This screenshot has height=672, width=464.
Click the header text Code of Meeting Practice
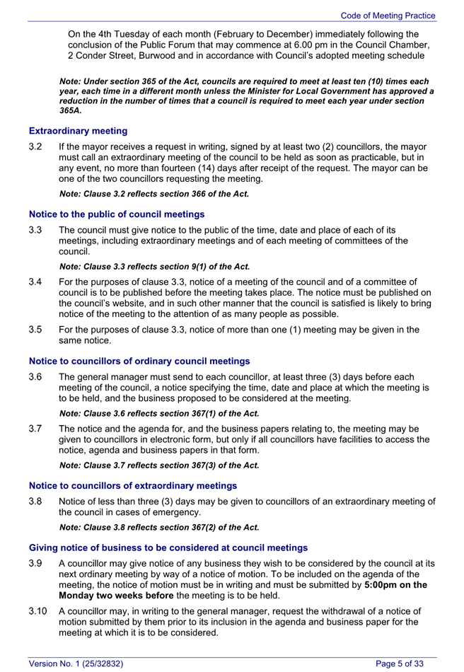(388, 16)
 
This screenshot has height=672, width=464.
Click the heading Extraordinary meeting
(78, 131)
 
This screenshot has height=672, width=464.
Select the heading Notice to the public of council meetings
(117, 214)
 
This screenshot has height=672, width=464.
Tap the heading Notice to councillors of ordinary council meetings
(139, 361)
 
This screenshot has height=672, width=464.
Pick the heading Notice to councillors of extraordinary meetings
(132, 485)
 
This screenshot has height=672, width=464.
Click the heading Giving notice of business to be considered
(168, 548)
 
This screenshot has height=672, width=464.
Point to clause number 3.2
(36, 147)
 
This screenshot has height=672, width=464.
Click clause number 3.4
(36, 282)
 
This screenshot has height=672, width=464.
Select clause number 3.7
(36, 429)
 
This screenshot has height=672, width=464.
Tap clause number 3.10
(38, 611)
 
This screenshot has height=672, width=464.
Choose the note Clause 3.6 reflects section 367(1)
(159, 413)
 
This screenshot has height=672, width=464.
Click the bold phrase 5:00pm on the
(395, 585)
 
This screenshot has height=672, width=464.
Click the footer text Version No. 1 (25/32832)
(76, 664)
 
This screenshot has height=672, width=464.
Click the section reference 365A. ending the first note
(71, 111)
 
